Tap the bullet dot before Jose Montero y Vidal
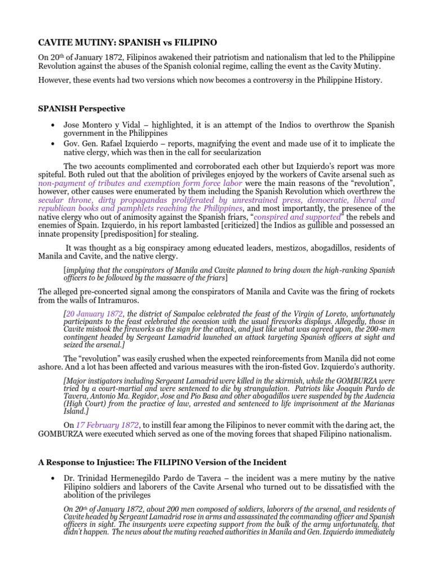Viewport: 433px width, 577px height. click(52, 125)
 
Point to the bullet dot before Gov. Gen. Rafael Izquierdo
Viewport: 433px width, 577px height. click(52, 144)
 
